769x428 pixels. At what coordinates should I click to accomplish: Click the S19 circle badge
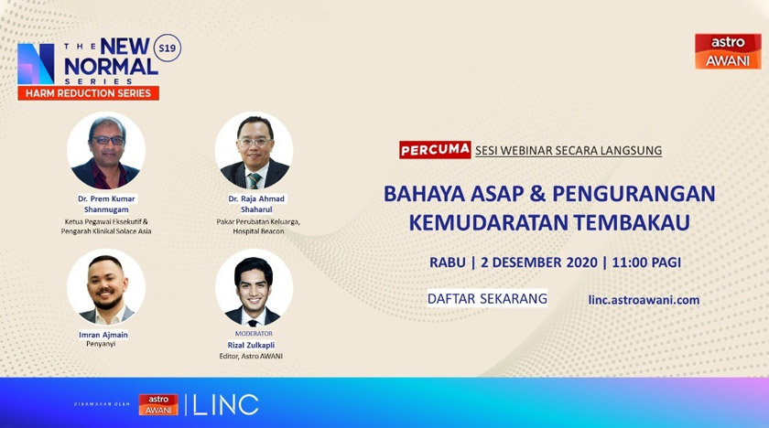(168, 48)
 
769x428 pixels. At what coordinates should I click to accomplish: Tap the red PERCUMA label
(435, 150)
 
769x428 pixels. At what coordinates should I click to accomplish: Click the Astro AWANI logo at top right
(727, 51)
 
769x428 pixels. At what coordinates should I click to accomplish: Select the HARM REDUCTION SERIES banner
(89, 93)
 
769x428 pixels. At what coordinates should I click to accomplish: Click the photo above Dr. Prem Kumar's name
(106, 151)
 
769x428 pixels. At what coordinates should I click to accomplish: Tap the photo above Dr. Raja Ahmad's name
(254, 151)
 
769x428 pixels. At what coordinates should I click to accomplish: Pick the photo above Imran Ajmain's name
(106, 288)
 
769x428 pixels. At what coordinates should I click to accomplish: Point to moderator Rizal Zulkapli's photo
(254, 288)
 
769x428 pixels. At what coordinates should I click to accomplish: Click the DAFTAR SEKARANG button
(487, 298)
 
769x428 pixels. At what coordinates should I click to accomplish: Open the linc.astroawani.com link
(644, 299)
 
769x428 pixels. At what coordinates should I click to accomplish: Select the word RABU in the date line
(447, 262)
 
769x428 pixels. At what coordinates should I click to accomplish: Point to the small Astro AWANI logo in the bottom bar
(158, 404)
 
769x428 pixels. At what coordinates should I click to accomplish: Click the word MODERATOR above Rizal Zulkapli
(254, 334)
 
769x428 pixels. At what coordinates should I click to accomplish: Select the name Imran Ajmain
(103, 335)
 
